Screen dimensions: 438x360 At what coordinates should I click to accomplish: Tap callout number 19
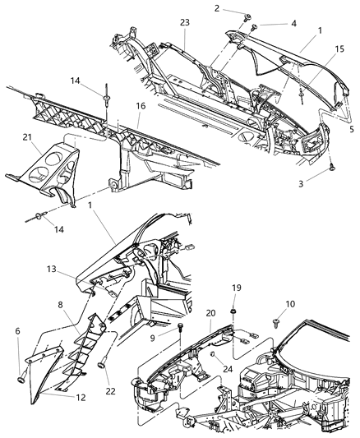pos(235,288)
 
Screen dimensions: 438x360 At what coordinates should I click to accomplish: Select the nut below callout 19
pos(235,313)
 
